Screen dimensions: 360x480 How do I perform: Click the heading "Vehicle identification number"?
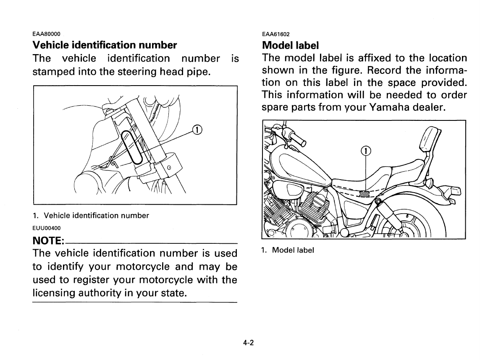click(x=105, y=45)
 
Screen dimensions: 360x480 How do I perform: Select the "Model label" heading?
click(x=290, y=45)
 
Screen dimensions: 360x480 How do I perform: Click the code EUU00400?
click(x=47, y=228)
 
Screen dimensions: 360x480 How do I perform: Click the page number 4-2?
click(x=248, y=342)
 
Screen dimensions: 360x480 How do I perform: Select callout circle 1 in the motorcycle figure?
click(x=366, y=151)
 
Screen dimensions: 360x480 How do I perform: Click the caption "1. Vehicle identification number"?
click(x=91, y=216)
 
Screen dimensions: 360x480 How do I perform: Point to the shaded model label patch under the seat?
click(x=365, y=193)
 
